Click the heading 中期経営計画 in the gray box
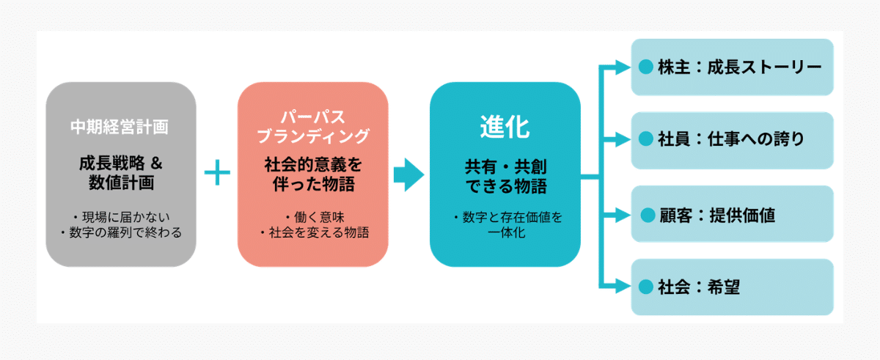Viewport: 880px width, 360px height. click(120, 126)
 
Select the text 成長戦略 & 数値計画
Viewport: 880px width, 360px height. click(120, 172)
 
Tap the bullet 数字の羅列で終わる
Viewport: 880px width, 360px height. click(120, 233)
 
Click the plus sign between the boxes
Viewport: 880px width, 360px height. click(217, 174)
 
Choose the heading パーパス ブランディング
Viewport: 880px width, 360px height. click(313, 127)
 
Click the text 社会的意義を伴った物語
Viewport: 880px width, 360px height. click(313, 174)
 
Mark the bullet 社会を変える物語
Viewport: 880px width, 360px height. click(313, 233)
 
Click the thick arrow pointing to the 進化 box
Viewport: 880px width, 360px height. click(408, 175)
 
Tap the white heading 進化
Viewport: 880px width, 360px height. click(505, 128)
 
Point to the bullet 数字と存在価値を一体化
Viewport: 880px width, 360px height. click(505, 225)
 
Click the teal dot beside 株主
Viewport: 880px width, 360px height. click(645, 67)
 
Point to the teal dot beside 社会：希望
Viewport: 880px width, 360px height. click(645, 287)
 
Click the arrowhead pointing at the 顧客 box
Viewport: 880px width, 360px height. click(623, 215)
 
